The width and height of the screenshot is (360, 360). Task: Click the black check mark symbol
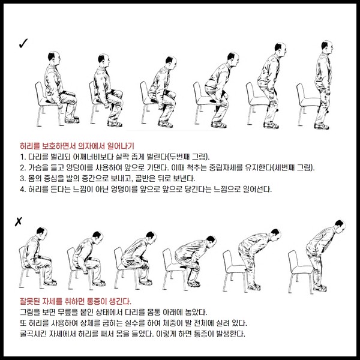click(23, 44)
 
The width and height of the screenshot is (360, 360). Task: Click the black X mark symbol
click(19, 221)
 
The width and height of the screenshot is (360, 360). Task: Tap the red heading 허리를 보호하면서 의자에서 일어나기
click(77, 146)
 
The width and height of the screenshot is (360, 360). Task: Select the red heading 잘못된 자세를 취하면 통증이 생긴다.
click(76, 301)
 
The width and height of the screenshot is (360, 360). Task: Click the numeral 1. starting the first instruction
click(23, 157)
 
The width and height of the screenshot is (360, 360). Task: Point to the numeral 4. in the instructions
click(23, 190)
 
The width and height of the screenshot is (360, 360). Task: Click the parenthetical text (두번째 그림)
click(188, 157)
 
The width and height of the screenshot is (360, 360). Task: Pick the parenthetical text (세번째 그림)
click(293, 168)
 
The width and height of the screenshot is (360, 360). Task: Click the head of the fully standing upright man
click(327, 47)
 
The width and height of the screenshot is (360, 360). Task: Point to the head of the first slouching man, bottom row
click(42, 233)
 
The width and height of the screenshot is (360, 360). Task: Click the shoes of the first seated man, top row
click(72, 120)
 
